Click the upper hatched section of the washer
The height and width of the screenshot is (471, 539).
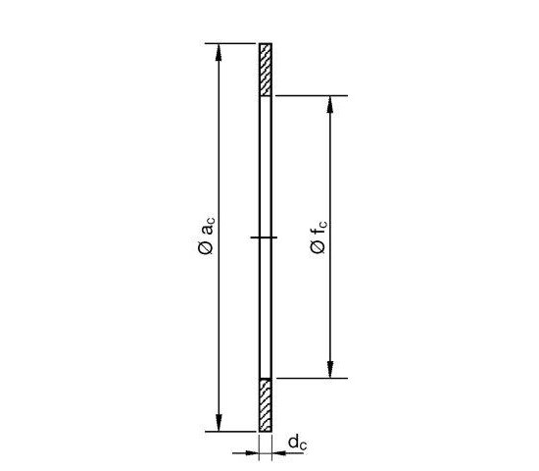click(x=266, y=70)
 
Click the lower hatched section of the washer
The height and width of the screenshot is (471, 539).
click(x=266, y=405)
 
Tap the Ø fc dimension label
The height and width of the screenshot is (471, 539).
click(x=318, y=236)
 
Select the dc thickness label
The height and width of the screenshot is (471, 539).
click(x=297, y=443)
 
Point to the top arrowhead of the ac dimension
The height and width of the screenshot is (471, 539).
click(x=219, y=52)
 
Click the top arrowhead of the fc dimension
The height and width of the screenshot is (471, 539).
click(x=330, y=104)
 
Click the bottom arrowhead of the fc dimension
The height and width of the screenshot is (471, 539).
click(x=330, y=369)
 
